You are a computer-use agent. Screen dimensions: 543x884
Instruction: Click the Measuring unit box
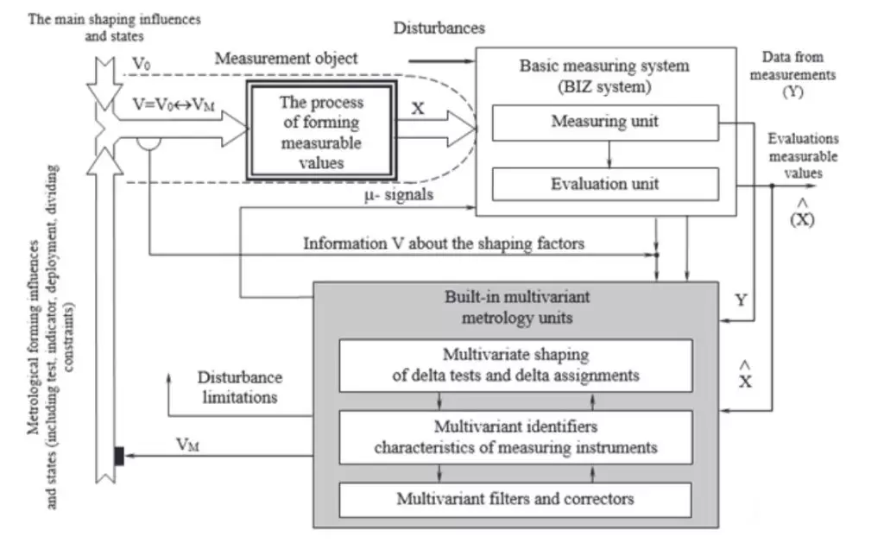[604, 122]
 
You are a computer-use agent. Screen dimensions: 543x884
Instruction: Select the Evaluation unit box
[604, 184]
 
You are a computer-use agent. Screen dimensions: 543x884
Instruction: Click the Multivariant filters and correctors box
[515, 499]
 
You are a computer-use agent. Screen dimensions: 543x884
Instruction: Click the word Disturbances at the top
[439, 28]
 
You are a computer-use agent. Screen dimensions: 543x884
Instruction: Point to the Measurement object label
[286, 59]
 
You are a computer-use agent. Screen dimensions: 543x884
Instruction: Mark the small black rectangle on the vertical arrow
[119, 456]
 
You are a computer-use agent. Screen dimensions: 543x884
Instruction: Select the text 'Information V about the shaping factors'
[443, 243]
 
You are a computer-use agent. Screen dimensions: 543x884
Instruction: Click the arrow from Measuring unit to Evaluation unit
[609, 154]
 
